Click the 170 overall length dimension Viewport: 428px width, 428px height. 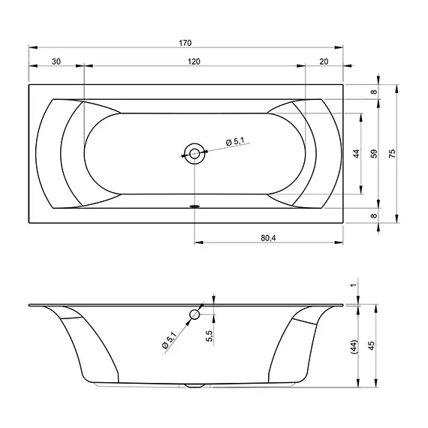(185, 43)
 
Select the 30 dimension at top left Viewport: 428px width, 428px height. (56, 62)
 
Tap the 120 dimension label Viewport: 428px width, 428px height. (194, 62)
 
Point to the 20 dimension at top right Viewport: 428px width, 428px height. (324, 62)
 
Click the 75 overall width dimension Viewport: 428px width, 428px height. (392, 153)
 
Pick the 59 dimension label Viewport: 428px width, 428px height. (375, 153)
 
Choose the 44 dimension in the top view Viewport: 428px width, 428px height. (357, 154)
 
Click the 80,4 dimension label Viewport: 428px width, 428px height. (268, 238)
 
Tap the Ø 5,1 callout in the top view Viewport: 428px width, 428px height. (235, 141)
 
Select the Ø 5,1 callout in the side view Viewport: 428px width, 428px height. (170, 339)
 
